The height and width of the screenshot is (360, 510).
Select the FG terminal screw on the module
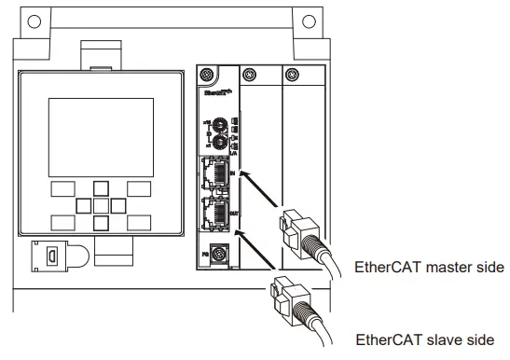pyautogui.click(x=218, y=252)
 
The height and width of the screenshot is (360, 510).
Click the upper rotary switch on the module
pyautogui.click(x=218, y=124)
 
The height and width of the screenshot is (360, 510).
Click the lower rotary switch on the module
pyautogui.click(x=218, y=142)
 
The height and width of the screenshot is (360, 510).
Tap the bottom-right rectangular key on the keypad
pyautogui.click(x=140, y=222)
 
